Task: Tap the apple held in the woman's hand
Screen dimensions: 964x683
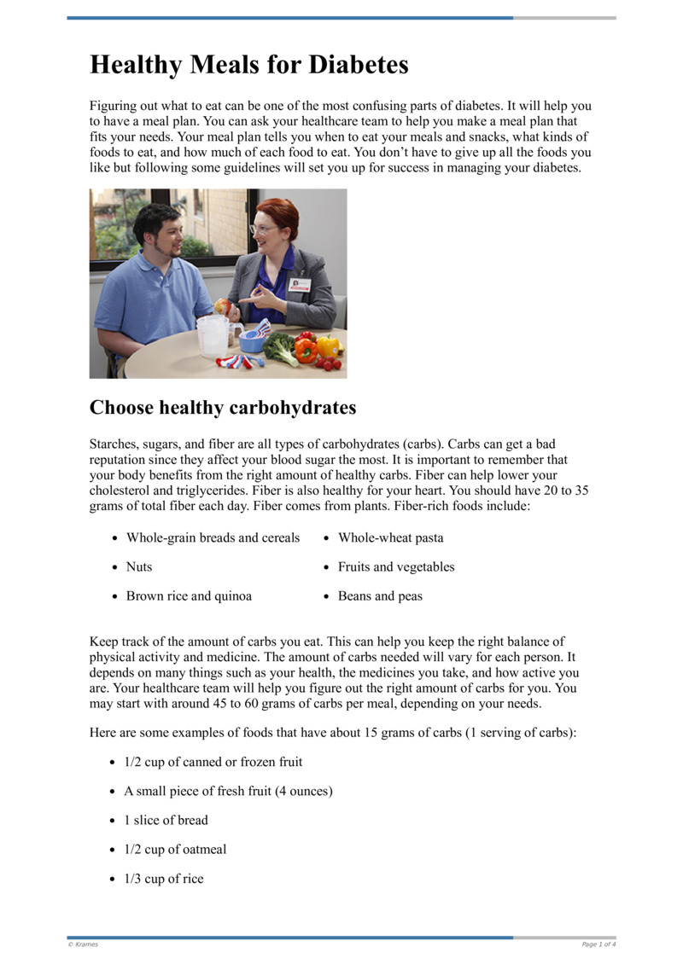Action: (223, 305)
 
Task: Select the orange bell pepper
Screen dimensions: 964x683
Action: (305, 349)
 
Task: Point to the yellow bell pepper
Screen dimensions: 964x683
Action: (328, 345)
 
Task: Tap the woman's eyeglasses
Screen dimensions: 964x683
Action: (262, 229)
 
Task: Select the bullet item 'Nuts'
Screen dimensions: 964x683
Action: (139, 567)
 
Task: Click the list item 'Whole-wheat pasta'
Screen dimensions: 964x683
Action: (390, 538)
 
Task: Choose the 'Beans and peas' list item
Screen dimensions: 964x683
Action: (380, 596)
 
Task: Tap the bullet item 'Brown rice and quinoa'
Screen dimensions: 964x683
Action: (189, 596)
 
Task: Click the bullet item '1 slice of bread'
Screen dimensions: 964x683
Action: (166, 821)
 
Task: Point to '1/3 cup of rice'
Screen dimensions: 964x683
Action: (164, 879)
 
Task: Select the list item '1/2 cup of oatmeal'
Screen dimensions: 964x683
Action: (175, 850)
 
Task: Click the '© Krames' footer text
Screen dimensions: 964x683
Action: (83, 944)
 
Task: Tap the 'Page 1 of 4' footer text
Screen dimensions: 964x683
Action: (598, 944)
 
